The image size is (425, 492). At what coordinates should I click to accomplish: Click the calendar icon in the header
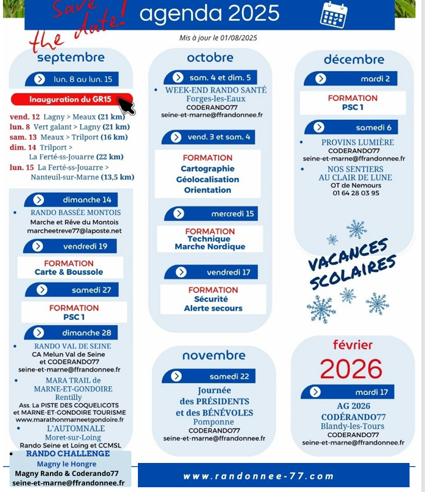(333, 14)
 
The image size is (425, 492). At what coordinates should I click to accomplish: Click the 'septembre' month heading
(70, 58)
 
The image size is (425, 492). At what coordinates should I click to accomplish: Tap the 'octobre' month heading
(210, 58)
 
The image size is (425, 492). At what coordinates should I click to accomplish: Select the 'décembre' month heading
(354, 59)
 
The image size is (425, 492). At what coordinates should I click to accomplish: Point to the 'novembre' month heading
(213, 355)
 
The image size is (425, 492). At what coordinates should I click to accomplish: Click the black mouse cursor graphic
(126, 106)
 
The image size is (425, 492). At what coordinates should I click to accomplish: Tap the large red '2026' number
(351, 369)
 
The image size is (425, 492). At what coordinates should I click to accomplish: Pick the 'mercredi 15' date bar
(211, 214)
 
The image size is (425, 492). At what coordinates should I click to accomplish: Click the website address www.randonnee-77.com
(259, 476)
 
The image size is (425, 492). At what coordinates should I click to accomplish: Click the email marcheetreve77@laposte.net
(74, 231)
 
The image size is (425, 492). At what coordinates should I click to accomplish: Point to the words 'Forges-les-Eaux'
(215, 99)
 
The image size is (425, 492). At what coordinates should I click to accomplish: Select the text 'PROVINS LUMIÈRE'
(357, 142)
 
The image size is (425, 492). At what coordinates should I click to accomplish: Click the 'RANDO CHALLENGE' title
(68, 454)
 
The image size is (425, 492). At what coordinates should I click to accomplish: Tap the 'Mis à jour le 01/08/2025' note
(218, 38)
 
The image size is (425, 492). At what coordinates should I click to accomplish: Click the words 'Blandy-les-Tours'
(352, 426)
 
